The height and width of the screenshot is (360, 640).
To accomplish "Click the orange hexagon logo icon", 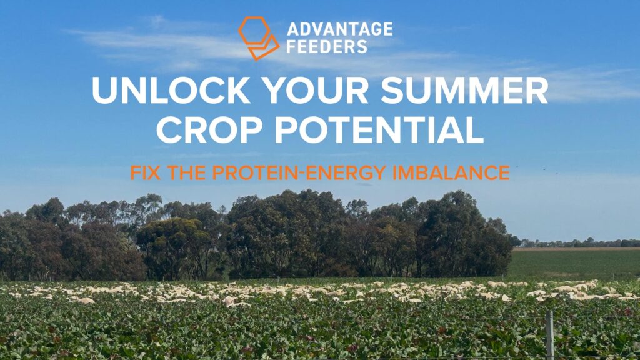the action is [x=259, y=38].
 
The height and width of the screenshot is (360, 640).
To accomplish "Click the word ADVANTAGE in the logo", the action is [x=339, y=29].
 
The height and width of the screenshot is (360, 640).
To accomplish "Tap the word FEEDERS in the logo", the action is [x=327, y=47].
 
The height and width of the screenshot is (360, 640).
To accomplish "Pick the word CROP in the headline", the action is [x=209, y=130].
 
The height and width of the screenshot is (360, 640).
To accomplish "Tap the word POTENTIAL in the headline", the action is [x=379, y=130].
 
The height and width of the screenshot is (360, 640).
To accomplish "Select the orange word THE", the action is [x=187, y=172].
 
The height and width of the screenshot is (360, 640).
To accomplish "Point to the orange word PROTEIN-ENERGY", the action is [x=299, y=172].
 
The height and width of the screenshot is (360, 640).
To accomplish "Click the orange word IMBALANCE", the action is [x=451, y=172].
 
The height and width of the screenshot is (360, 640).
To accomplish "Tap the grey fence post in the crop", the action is [x=550, y=335].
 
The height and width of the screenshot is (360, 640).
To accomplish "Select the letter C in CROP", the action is [x=169, y=130].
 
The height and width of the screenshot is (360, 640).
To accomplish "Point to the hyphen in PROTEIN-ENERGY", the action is [x=302, y=174].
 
